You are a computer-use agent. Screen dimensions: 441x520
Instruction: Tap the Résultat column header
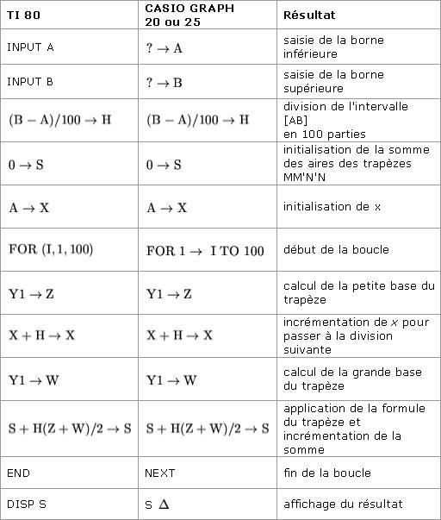[x=310, y=16]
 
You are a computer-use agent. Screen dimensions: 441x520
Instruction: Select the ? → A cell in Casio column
[x=165, y=47]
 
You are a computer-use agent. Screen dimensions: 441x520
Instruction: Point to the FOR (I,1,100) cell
[x=51, y=249]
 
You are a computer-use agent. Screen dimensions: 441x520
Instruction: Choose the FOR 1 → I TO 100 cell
[x=205, y=250]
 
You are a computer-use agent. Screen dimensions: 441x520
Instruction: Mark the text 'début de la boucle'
[x=336, y=249]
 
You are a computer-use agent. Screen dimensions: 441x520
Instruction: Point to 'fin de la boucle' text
[x=327, y=473]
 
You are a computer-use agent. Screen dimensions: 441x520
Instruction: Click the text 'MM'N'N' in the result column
[x=309, y=177]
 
